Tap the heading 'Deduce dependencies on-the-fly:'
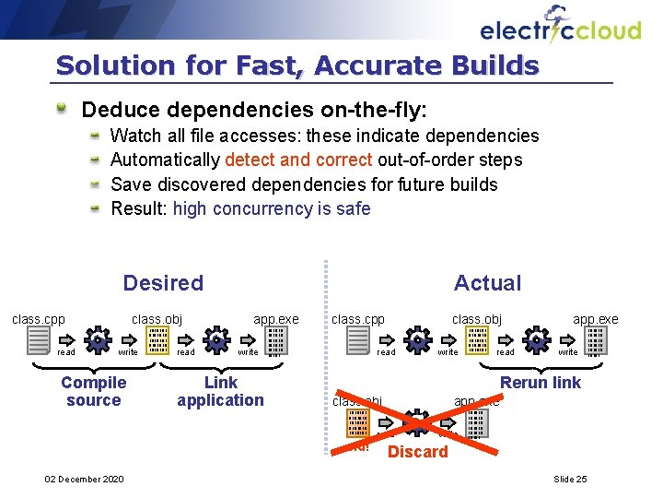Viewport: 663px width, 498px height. (x=254, y=110)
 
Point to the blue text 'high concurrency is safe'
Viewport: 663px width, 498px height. (x=272, y=208)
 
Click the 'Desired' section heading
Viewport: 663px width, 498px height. (x=163, y=283)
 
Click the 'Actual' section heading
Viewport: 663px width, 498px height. (x=487, y=283)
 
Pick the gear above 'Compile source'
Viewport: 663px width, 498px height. (x=95, y=340)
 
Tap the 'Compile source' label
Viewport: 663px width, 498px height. (x=93, y=391)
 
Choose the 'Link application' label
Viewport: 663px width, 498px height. (x=220, y=391)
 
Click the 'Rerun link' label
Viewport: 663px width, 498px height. (x=541, y=382)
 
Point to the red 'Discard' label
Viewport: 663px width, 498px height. (x=418, y=452)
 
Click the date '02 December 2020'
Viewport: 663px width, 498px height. (x=84, y=479)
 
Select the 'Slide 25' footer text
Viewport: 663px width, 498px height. (x=570, y=479)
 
